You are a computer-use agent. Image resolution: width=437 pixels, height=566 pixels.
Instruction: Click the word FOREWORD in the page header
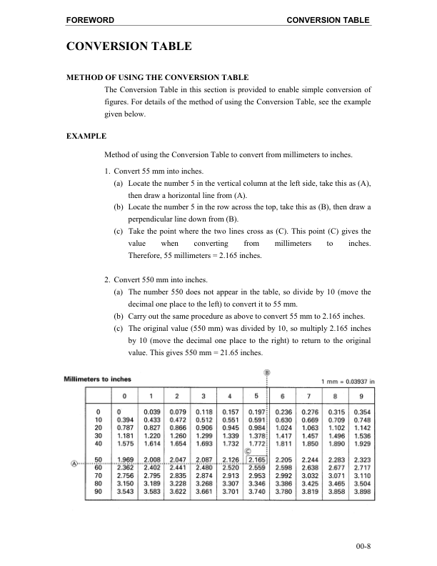(x=90, y=19)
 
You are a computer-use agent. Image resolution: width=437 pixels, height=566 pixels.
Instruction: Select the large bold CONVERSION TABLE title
(x=129, y=47)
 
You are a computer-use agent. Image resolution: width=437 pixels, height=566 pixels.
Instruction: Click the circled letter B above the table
(x=267, y=372)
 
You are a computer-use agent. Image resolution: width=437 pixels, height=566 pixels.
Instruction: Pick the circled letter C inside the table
(x=248, y=450)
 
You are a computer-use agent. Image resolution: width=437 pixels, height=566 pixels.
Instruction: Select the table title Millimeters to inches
(x=93, y=378)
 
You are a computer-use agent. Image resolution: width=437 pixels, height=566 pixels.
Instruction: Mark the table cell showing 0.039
(x=151, y=412)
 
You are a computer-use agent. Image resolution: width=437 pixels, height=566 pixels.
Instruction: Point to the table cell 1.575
(x=125, y=443)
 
